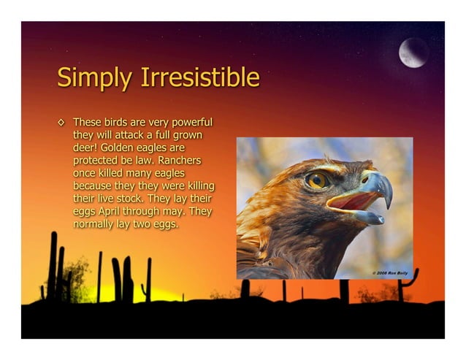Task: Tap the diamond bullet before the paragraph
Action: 61,121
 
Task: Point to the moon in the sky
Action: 413,53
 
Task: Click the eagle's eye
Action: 316,180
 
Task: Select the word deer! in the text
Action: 87,147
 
